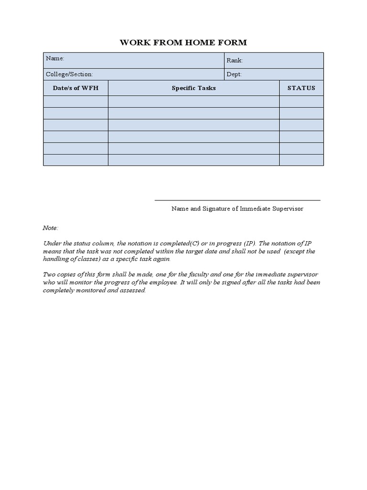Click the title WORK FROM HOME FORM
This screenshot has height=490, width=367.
click(x=183, y=43)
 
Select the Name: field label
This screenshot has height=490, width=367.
click(x=55, y=58)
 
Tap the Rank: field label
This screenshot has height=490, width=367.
click(x=235, y=60)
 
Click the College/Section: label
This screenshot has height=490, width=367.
click(x=69, y=74)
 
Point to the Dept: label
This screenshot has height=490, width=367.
click(x=234, y=74)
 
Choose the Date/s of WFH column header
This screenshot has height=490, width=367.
click(x=76, y=88)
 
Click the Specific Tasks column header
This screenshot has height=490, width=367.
click(x=194, y=88)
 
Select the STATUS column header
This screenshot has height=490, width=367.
click(x=301, y=88)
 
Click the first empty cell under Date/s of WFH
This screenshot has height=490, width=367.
click(x=76, y=101)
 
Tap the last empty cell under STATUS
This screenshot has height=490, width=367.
click(x=301, y=160)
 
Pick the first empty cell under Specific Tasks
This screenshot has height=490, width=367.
click(x=194, y=101)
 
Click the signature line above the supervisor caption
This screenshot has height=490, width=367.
click(x=237, y=200)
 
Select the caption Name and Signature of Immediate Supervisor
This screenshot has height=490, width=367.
click(x=237, y=209)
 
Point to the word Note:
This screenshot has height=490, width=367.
click(x=51, y=228)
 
